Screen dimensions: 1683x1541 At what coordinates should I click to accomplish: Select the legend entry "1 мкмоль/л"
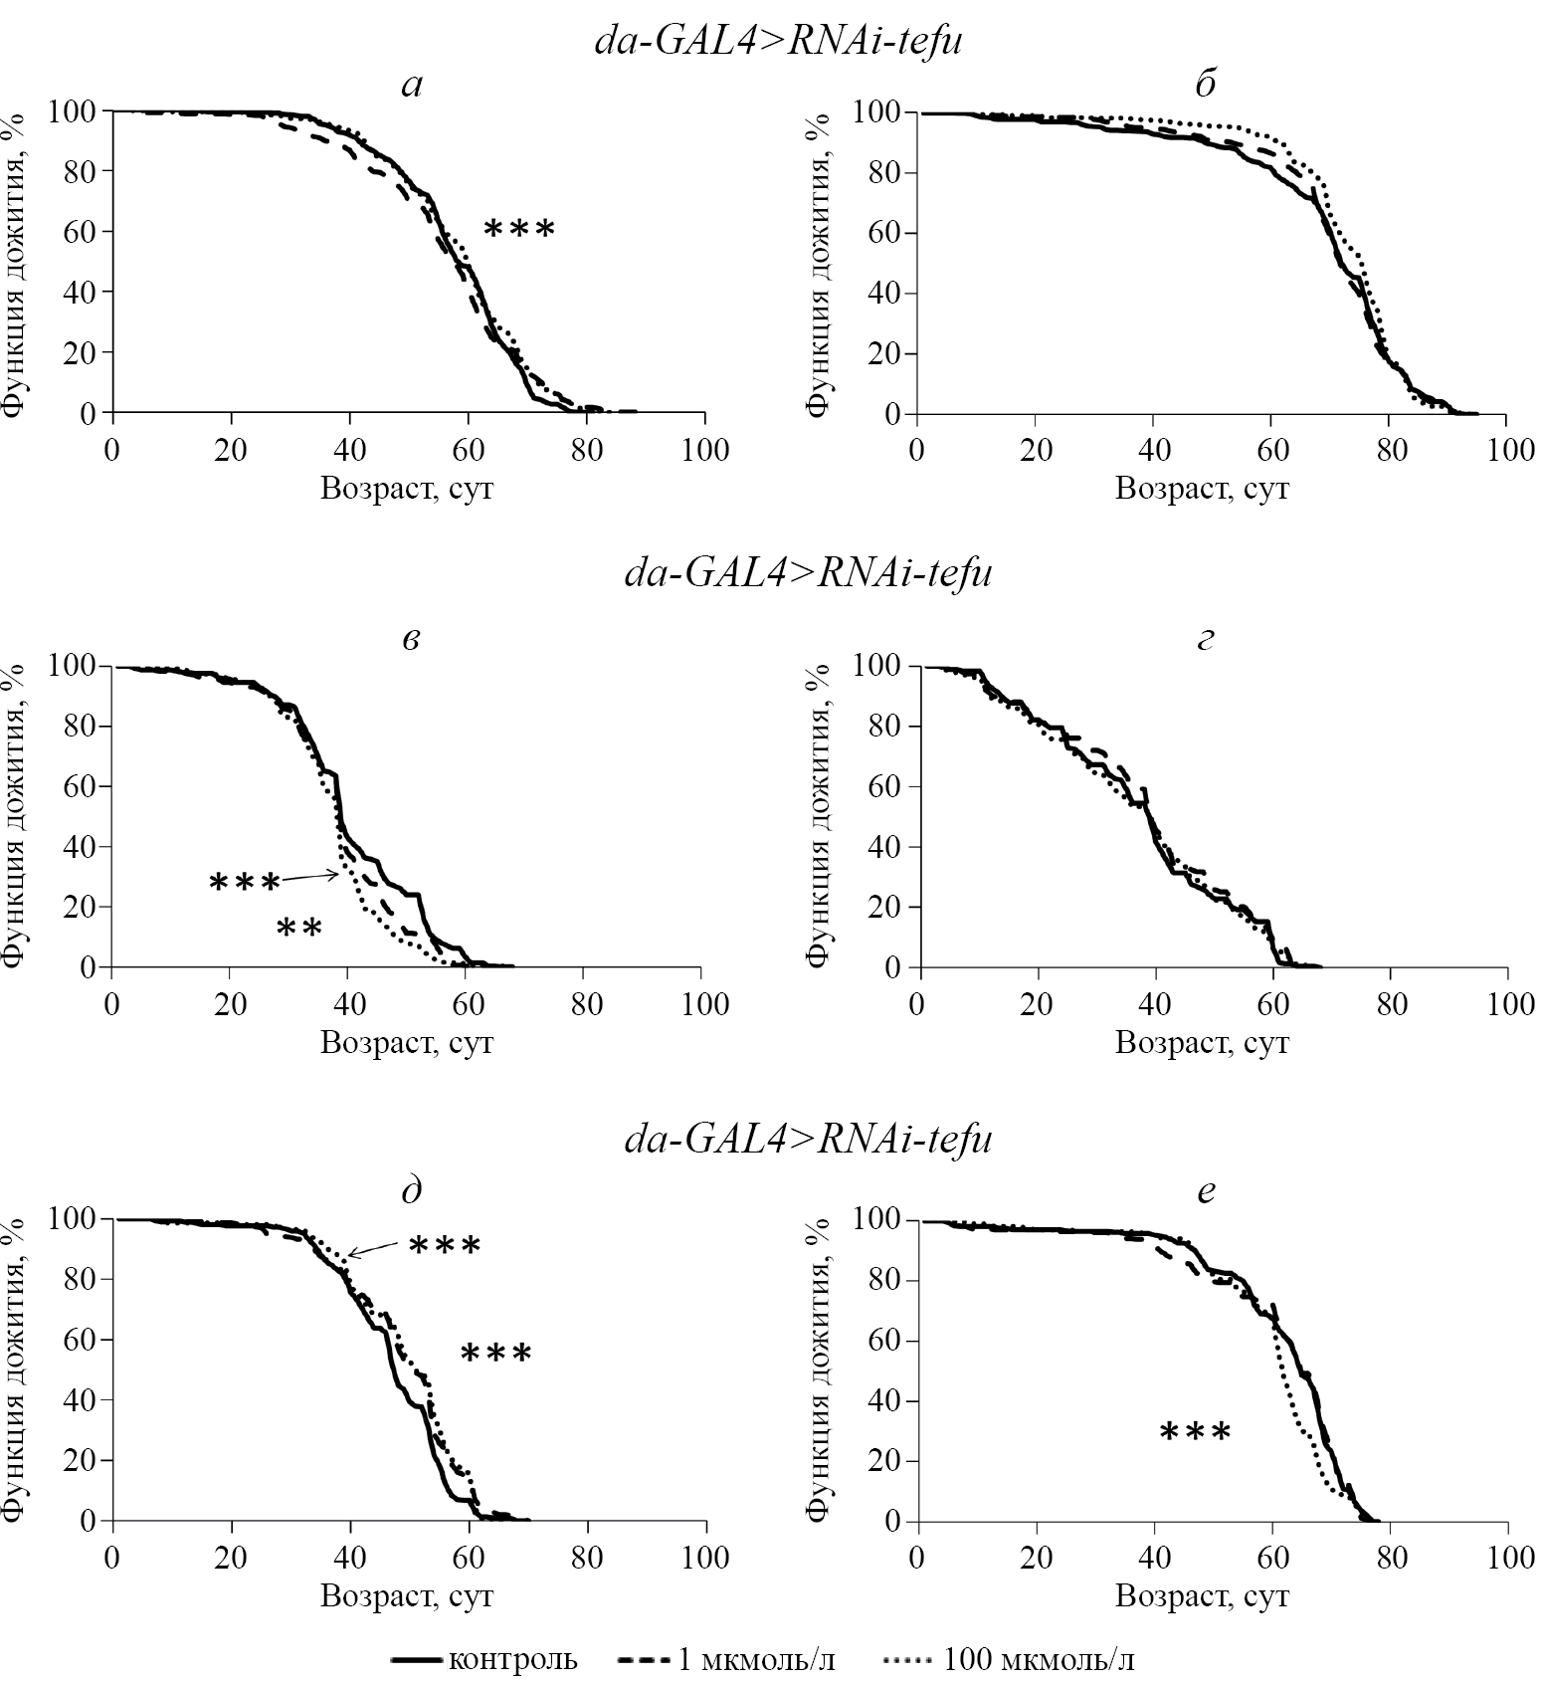point(726,1659)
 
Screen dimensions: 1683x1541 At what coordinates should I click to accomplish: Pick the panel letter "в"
point(411,638)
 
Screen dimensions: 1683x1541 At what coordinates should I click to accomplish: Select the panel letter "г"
point(1205,638)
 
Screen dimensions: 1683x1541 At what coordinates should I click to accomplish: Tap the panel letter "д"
point(411,1190)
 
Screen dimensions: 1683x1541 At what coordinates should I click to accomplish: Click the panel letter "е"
point(1205,1190)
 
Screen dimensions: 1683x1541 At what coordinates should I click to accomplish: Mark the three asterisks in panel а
point(518,230)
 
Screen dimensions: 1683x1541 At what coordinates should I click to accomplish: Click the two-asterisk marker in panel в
point(298,930)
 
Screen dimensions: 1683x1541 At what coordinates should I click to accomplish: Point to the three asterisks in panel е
point(1195,1433)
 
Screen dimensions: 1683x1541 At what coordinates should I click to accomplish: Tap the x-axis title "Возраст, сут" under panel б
point(1202,490)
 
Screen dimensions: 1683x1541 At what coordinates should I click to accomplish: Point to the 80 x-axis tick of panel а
point(587,451)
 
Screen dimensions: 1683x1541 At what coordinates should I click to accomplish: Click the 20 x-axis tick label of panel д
point(232,1557)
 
